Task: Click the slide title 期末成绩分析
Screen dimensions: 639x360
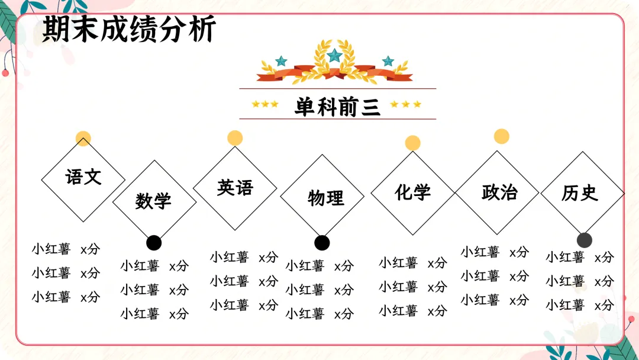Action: coord(129,29)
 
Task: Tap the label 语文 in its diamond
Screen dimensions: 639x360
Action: coord(83,176)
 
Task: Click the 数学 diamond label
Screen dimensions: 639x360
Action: coord(153,201)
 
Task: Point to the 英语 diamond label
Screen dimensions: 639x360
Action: coord(235,188)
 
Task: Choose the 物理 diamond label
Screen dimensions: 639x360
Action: coord(325,197)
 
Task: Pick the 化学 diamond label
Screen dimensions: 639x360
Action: coord(413,192)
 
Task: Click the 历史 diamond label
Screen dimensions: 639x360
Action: coord(580,193)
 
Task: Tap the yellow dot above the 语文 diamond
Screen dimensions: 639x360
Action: coord(83,139)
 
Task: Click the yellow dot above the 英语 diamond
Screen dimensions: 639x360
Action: coord(235,138)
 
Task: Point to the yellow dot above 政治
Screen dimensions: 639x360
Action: coord(502,136)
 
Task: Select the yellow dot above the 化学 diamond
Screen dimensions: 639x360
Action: coord(413,143)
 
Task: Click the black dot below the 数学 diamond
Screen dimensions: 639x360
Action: coord(154,243)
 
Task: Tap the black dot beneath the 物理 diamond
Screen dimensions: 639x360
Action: coord(322,243)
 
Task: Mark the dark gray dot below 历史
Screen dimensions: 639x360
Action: coord(585,240)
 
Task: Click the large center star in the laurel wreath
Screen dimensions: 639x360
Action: coord(335,55)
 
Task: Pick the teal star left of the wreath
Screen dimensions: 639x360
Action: coord(281,61)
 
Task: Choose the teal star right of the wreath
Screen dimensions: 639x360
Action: coord(388,61)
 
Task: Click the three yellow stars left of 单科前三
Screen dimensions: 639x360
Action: coord(265,104)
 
